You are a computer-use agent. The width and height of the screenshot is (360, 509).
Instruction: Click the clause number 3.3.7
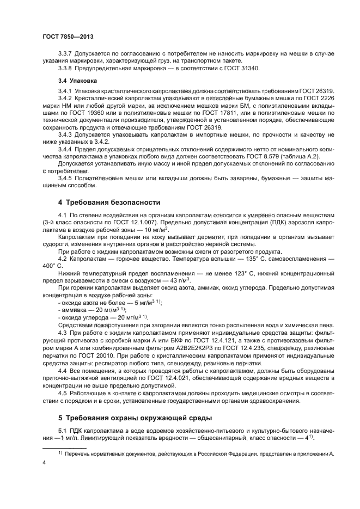click(67, 53)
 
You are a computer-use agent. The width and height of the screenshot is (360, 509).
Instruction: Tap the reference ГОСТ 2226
click(318, 98)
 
